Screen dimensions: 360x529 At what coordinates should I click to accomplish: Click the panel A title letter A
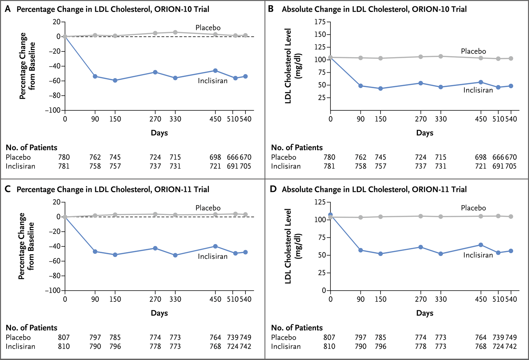[x=8, y=9]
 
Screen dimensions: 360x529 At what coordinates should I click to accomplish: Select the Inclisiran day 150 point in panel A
[x=115, y=80]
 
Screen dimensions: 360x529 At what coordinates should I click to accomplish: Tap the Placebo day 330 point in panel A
[x=175, y=32]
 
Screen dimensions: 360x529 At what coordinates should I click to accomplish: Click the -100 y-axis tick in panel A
[x=53, y=110]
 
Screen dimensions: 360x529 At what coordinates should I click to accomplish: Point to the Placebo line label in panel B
[x=473, y=51]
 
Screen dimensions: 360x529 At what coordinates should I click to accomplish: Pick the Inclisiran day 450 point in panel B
[x=481, y=82]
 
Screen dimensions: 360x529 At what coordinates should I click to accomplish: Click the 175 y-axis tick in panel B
[x=320, y=22]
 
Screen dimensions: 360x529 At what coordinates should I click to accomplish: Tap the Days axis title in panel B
[x=425, y=133]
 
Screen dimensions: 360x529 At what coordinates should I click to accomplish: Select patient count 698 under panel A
[x=215, y=157]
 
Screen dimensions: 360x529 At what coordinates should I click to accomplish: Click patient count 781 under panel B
[x=329, y=166]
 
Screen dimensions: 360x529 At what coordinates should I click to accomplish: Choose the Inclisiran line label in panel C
[x=213, y=256]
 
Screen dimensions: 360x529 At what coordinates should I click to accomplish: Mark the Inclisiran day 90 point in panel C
[x=95, y=251]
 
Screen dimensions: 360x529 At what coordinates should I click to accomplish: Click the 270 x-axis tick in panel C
[x=155, y=299]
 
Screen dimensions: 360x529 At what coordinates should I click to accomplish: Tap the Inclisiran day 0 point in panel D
[x=330, y=215]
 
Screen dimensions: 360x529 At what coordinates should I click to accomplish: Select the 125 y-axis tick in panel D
[x=320, y=202]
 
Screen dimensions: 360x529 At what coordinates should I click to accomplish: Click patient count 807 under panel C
[x=64, y=337]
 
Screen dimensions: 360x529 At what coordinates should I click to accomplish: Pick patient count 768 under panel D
[x=481, y=347]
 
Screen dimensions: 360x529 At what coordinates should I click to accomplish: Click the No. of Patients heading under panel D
[x=297, y=328]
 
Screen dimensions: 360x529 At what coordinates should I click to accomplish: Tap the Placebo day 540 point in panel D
[x=511, y=216]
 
